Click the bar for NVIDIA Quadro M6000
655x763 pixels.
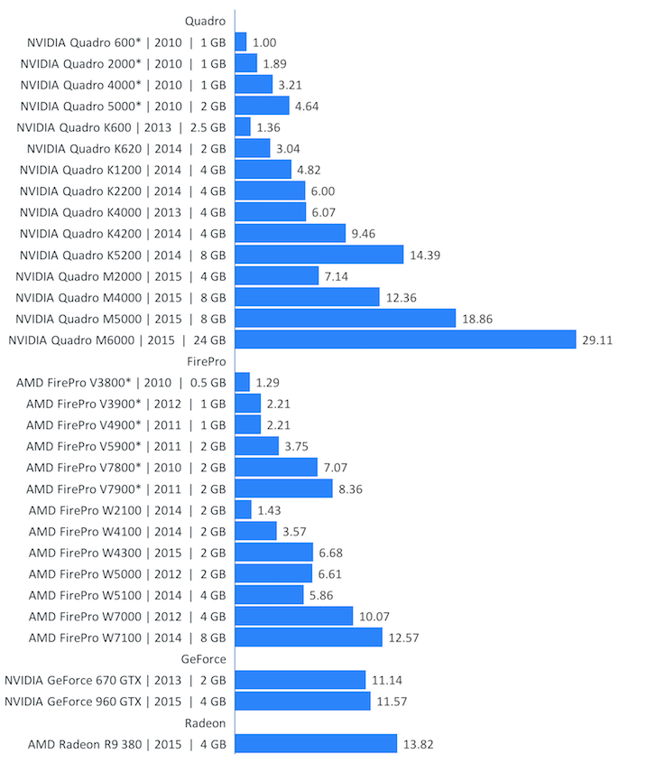click(x=405, y=340)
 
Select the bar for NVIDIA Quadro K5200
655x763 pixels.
click(x=318, y=255)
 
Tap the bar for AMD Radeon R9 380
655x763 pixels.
click(x=316, y=743)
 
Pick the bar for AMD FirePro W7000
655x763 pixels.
click(x=293, y=616)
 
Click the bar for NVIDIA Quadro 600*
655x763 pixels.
click(x=241, y=42)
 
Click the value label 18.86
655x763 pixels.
click(x=479, y=318)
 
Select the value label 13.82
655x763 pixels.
click(x=420, y=743)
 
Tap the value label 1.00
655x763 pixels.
click(x=264, y=42)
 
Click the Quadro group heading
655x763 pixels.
click(x=205, y=20)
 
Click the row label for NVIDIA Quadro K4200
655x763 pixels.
click(x=122, y=233)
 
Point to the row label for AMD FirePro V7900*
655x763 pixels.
click(x=125, y=489)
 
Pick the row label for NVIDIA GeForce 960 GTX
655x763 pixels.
click(x=115, y=702)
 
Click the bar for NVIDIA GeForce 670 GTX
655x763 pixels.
click(x=300, y=680)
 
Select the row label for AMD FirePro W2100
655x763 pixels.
click(x=126, y=510)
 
